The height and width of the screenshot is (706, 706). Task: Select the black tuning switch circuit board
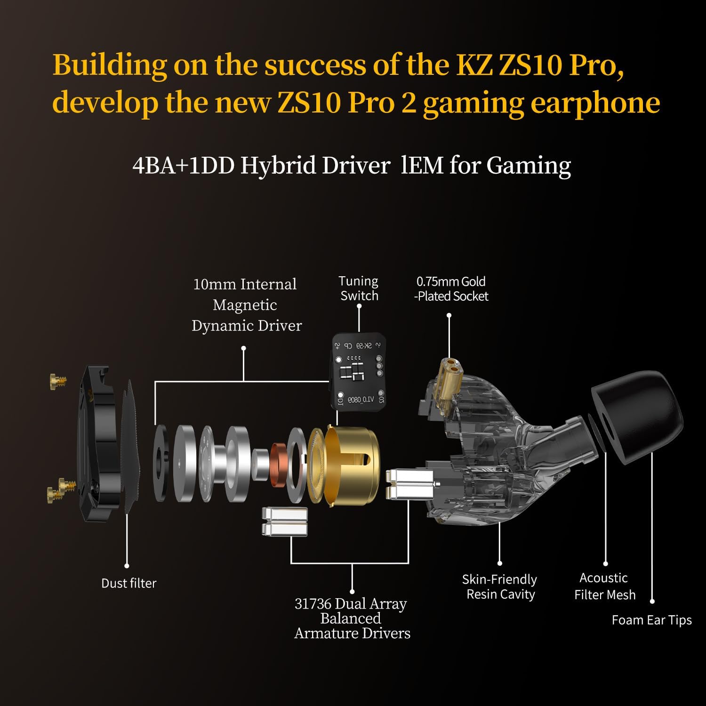359,372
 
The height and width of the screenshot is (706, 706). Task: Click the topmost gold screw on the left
58,381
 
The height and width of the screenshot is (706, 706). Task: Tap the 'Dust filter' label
128,583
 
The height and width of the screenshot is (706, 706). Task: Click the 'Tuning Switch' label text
359,289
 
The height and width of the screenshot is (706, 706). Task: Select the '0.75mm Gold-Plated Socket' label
451,289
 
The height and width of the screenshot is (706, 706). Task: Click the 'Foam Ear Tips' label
651,620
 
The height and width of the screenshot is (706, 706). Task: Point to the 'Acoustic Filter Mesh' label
604,586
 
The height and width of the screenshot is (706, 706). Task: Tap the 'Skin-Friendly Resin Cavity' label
500,586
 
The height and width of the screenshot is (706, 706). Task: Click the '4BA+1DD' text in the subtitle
183,166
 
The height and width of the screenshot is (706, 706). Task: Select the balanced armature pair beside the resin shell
409,484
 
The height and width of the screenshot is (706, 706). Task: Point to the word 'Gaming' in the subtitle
528,166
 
